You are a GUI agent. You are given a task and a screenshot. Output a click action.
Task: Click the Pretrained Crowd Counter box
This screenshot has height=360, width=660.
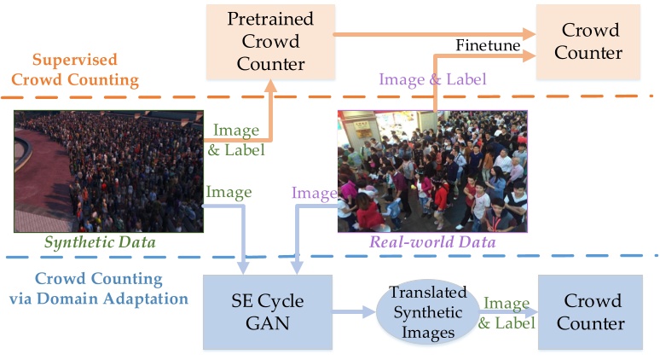point(269,41)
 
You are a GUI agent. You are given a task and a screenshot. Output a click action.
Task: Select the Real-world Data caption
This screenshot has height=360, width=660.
point(431,242)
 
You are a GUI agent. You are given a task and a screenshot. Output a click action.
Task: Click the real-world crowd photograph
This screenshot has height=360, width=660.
point(432,171)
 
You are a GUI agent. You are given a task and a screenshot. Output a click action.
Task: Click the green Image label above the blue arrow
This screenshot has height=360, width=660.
point(229,192)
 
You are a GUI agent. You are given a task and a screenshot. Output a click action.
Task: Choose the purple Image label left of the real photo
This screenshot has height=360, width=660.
point(313,194)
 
